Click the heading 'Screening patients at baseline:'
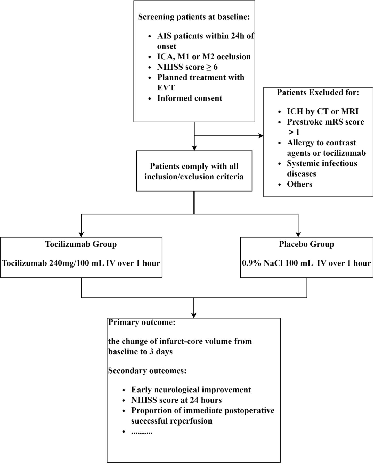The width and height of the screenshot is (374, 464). coord(194,17)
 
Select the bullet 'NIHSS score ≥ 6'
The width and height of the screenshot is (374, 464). coord(188,67)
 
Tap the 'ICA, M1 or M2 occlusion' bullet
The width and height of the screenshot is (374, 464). coord(204,57)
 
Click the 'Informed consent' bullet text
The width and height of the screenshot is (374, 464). coord(190,98)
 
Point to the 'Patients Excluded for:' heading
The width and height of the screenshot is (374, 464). coord(318,92)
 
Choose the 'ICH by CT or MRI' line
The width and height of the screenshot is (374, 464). coord(323,111)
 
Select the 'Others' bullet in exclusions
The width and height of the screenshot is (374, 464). coord(300,184)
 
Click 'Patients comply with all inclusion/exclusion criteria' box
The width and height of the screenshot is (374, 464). coord(194,171)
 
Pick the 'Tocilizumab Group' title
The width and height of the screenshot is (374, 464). coord(81,244)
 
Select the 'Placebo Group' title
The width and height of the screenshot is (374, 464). coord(307,244)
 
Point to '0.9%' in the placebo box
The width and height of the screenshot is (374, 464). coord(252,263)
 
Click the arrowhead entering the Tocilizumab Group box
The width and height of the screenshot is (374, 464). coord(81,235)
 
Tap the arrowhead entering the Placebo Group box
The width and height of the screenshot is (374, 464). coord(298,235)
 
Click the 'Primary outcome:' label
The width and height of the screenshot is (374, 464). coord(142,322)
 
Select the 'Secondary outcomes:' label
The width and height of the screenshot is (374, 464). coord(147,371)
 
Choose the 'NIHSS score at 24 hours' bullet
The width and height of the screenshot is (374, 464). coord(176,400)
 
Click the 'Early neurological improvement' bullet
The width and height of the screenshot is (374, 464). coord(191,390)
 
